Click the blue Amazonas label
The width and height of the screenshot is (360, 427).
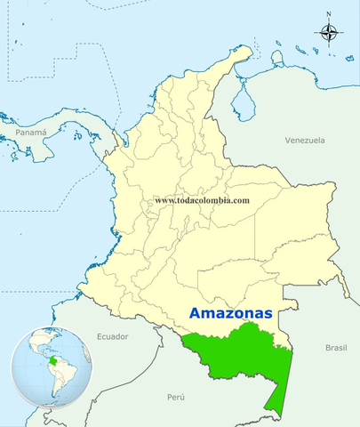click(229, 314)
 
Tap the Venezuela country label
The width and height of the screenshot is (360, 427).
click(305, 141)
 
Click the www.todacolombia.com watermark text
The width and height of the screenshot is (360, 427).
click(202, 200)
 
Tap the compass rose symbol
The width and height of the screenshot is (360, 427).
click(329, 34)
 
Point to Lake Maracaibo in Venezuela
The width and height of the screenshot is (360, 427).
click(239, 98)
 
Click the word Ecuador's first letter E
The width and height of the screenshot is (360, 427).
click(98, 336)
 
